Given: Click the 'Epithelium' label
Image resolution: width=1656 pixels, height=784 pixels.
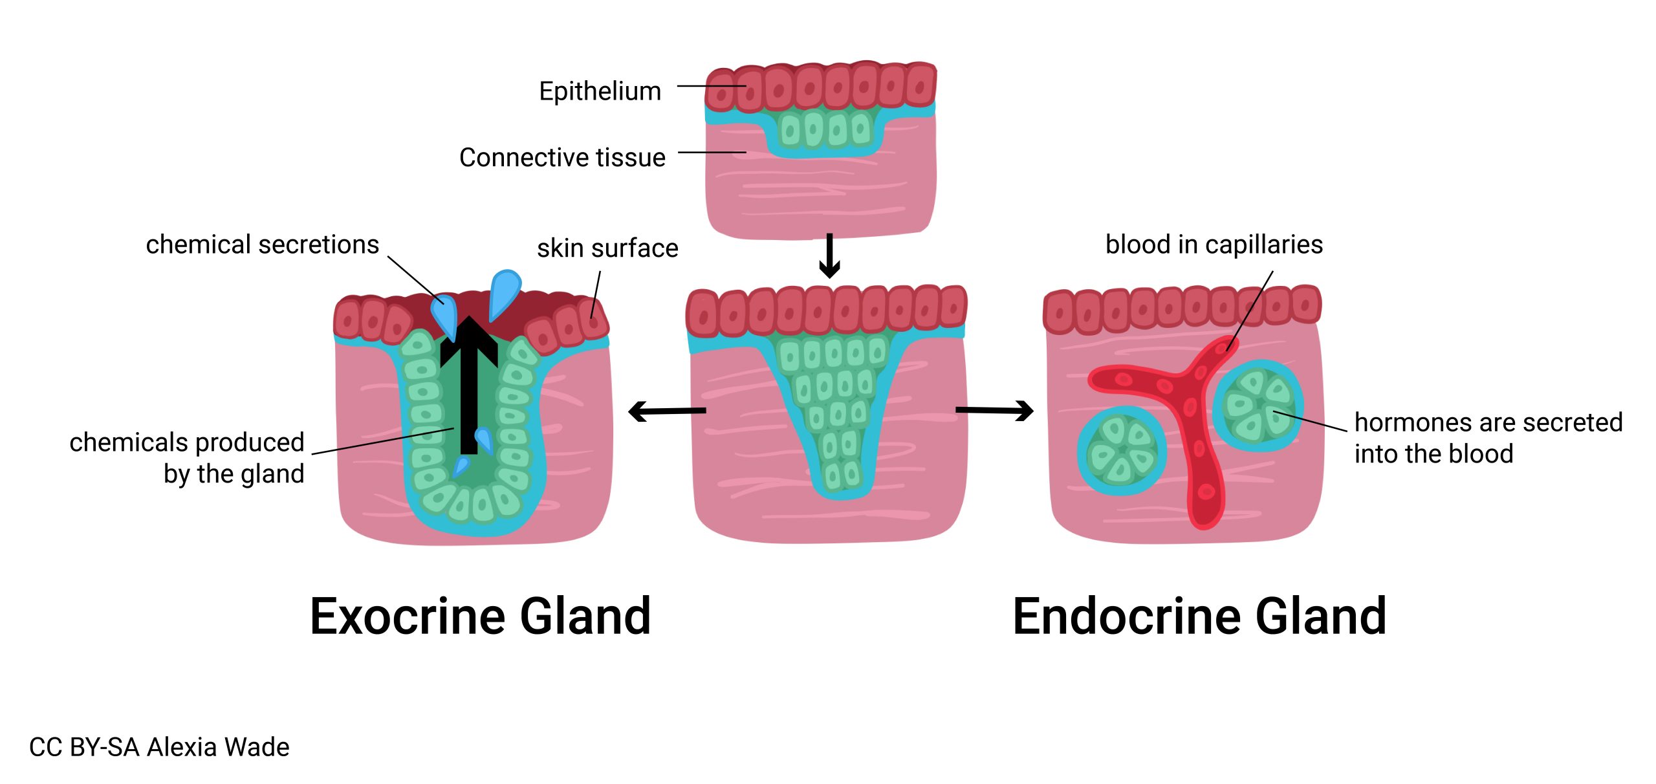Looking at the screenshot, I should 600,91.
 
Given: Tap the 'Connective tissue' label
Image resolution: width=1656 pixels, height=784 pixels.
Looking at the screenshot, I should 561,157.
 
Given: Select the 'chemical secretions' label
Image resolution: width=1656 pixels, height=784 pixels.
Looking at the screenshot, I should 262,245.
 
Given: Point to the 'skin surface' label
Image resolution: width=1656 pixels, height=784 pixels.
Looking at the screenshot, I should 607,248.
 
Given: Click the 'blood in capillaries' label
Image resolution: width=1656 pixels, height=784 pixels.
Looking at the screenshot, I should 1214,245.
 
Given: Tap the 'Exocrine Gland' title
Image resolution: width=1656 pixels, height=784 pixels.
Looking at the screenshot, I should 480,616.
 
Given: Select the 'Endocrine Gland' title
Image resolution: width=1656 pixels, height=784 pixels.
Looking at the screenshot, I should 1199,616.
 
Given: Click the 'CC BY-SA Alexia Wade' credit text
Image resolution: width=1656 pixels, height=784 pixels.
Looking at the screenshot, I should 159,747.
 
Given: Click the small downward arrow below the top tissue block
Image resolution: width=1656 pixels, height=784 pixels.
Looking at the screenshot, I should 829,256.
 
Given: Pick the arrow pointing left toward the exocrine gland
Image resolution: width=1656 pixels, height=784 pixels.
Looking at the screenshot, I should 666,411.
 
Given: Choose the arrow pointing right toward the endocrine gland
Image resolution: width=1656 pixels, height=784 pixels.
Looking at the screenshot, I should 995,410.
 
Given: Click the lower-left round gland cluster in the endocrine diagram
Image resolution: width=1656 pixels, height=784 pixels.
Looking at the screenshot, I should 1122,450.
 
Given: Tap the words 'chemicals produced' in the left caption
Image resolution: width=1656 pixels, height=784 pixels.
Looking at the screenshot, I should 186,442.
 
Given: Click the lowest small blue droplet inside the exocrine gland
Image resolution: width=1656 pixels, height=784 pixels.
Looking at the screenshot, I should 461,466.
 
